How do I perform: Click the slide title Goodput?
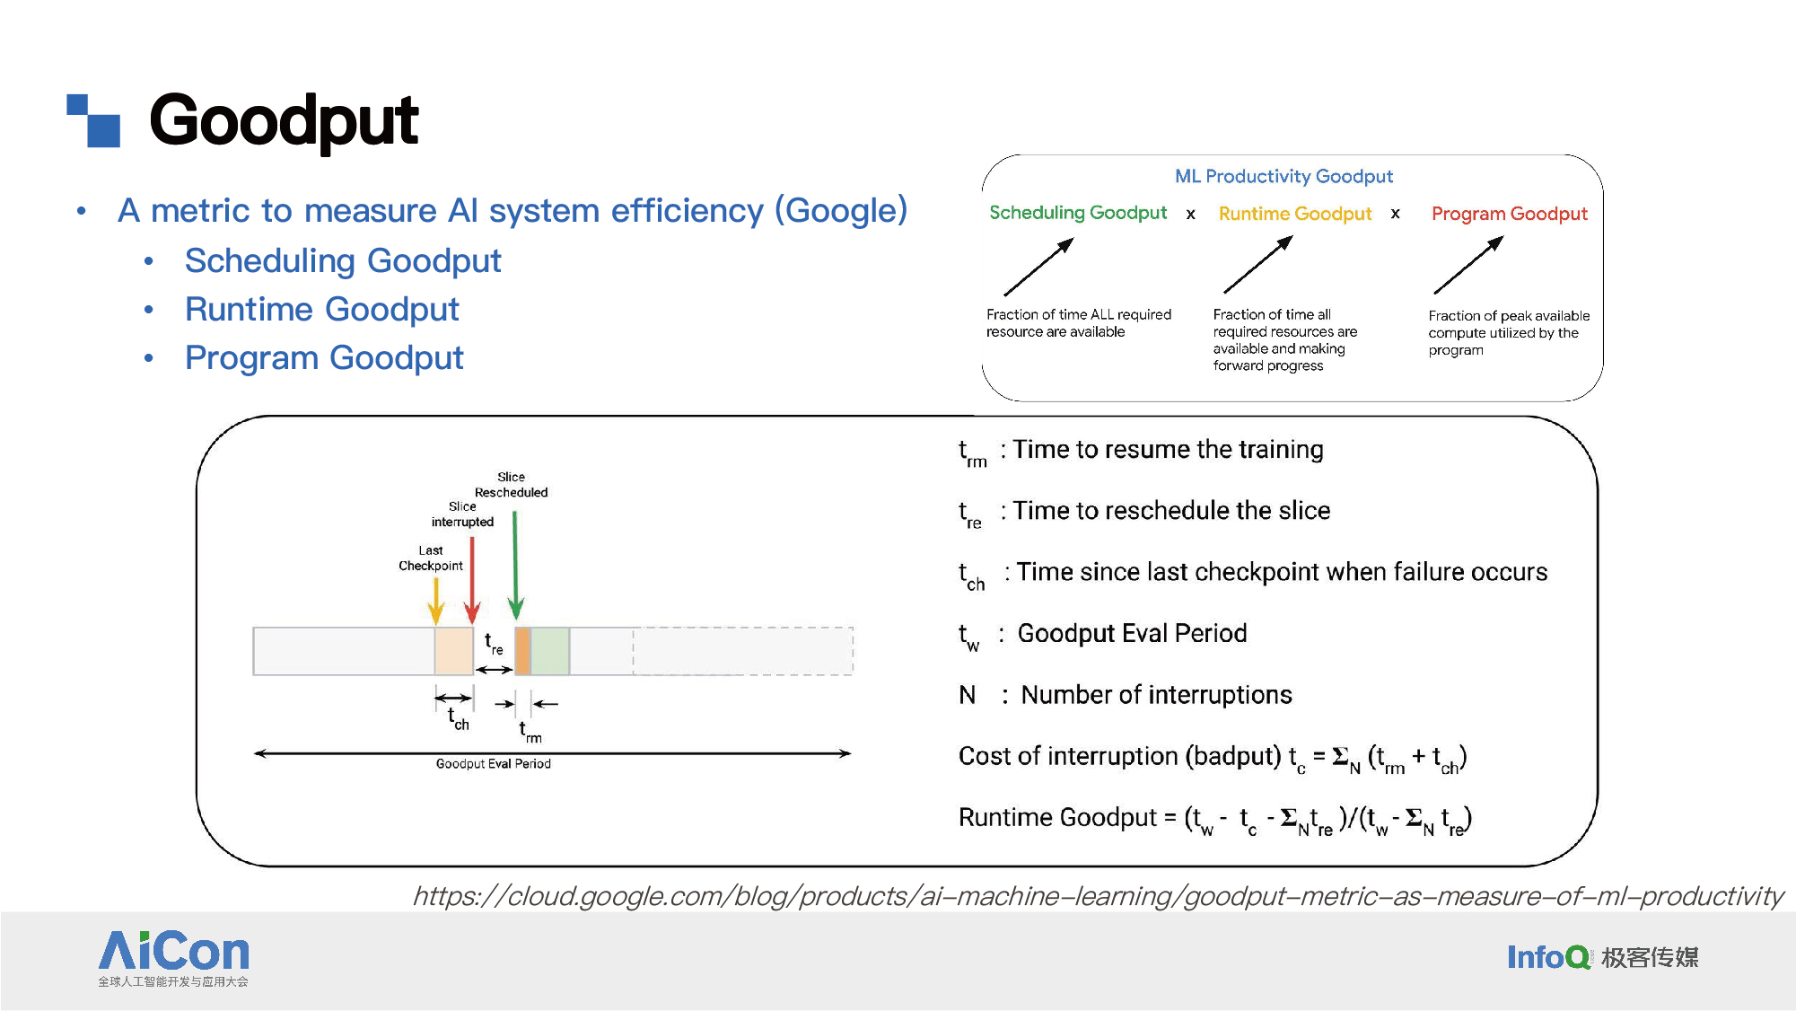click(x=284, y=121)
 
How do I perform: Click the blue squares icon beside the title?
click(x=93, y=120)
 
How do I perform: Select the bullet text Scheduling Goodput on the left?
click(x=343, y=261)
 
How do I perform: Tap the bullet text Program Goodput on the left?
click(x=324, y=358)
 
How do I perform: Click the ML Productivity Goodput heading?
click(x=1283, y=176)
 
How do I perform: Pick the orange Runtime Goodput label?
click(x=1295, y=214)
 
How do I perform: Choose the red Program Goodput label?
click(x=1510, y=214)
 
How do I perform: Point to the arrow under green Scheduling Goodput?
click(x=1039, y=267)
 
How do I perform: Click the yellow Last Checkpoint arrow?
click(x=436, y=601)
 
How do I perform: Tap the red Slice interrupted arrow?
click(x=472, y=580)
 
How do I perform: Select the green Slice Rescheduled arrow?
click(x=515, y=565)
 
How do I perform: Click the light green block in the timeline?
click(x=550, y=651)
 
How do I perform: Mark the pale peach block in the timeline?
click(x=454, y=651)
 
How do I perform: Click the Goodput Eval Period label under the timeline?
click(x=494, y=764)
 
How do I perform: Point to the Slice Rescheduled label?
click(x=512, y=485)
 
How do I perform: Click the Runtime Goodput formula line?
click(x=1215, y=819)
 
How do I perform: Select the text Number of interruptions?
click(x=1157, y=695)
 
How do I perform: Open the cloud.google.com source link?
click(x=1098, y=896)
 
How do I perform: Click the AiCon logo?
click(x=173, y=958)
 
